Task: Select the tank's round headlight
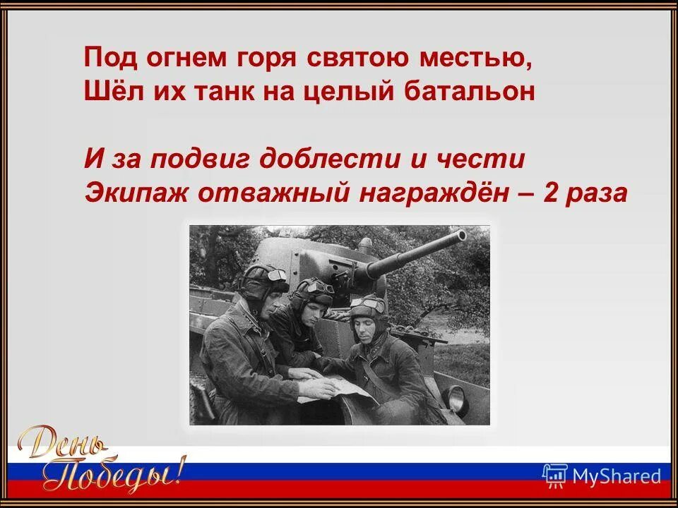457,400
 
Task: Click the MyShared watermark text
617,476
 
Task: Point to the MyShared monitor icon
554,476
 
